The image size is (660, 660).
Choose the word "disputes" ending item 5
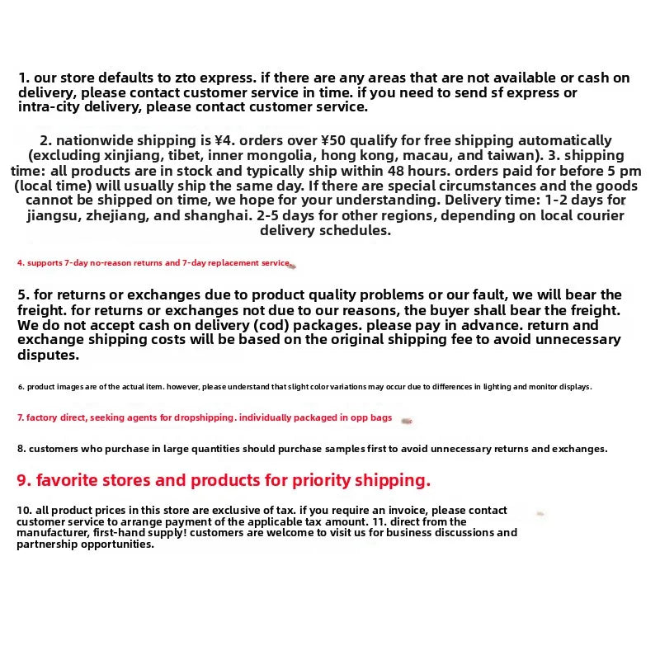[48, 355]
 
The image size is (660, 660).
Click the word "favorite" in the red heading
[74, 480]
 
